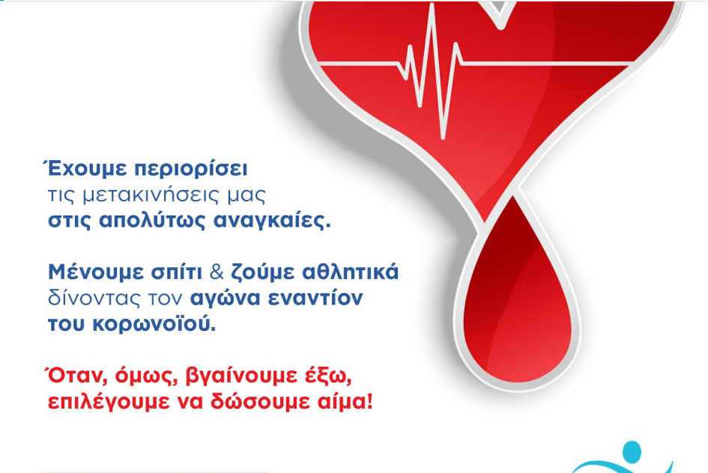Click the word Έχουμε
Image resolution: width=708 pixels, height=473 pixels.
click(85, 169)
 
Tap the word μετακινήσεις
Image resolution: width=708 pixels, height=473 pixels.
click(151, 195)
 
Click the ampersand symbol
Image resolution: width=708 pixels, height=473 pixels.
click(217, 272)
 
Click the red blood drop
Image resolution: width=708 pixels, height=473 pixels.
click(518, 298)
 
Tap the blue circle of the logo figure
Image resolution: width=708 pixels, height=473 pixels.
click(632, 452)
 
